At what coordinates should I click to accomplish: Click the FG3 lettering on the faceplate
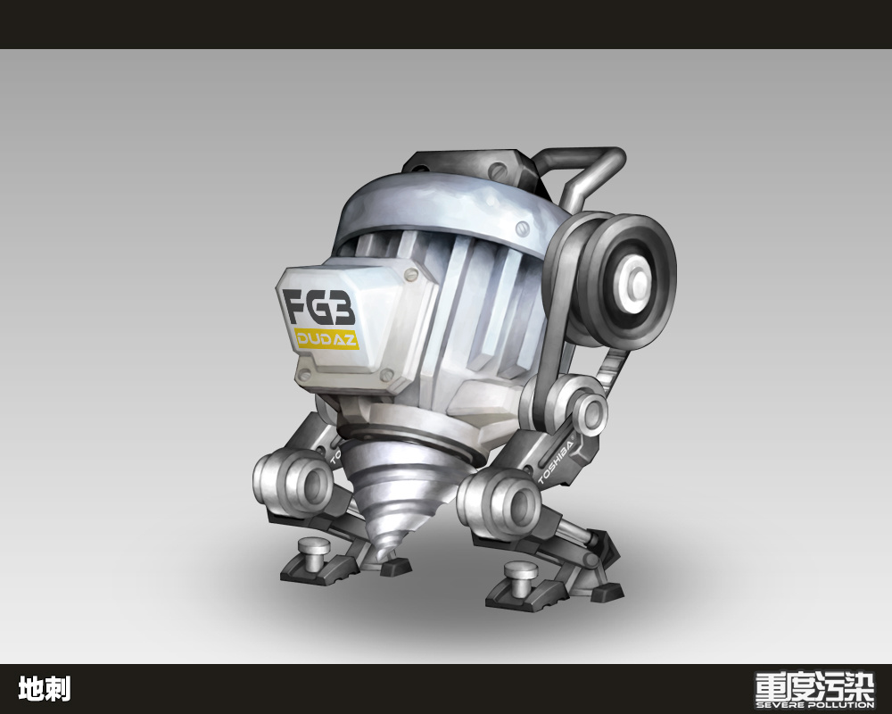(318, 306)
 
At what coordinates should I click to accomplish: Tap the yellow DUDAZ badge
(326, 339)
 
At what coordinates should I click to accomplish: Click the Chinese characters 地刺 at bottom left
(45, 689)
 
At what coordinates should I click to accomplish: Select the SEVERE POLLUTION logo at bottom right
(814, 690)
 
